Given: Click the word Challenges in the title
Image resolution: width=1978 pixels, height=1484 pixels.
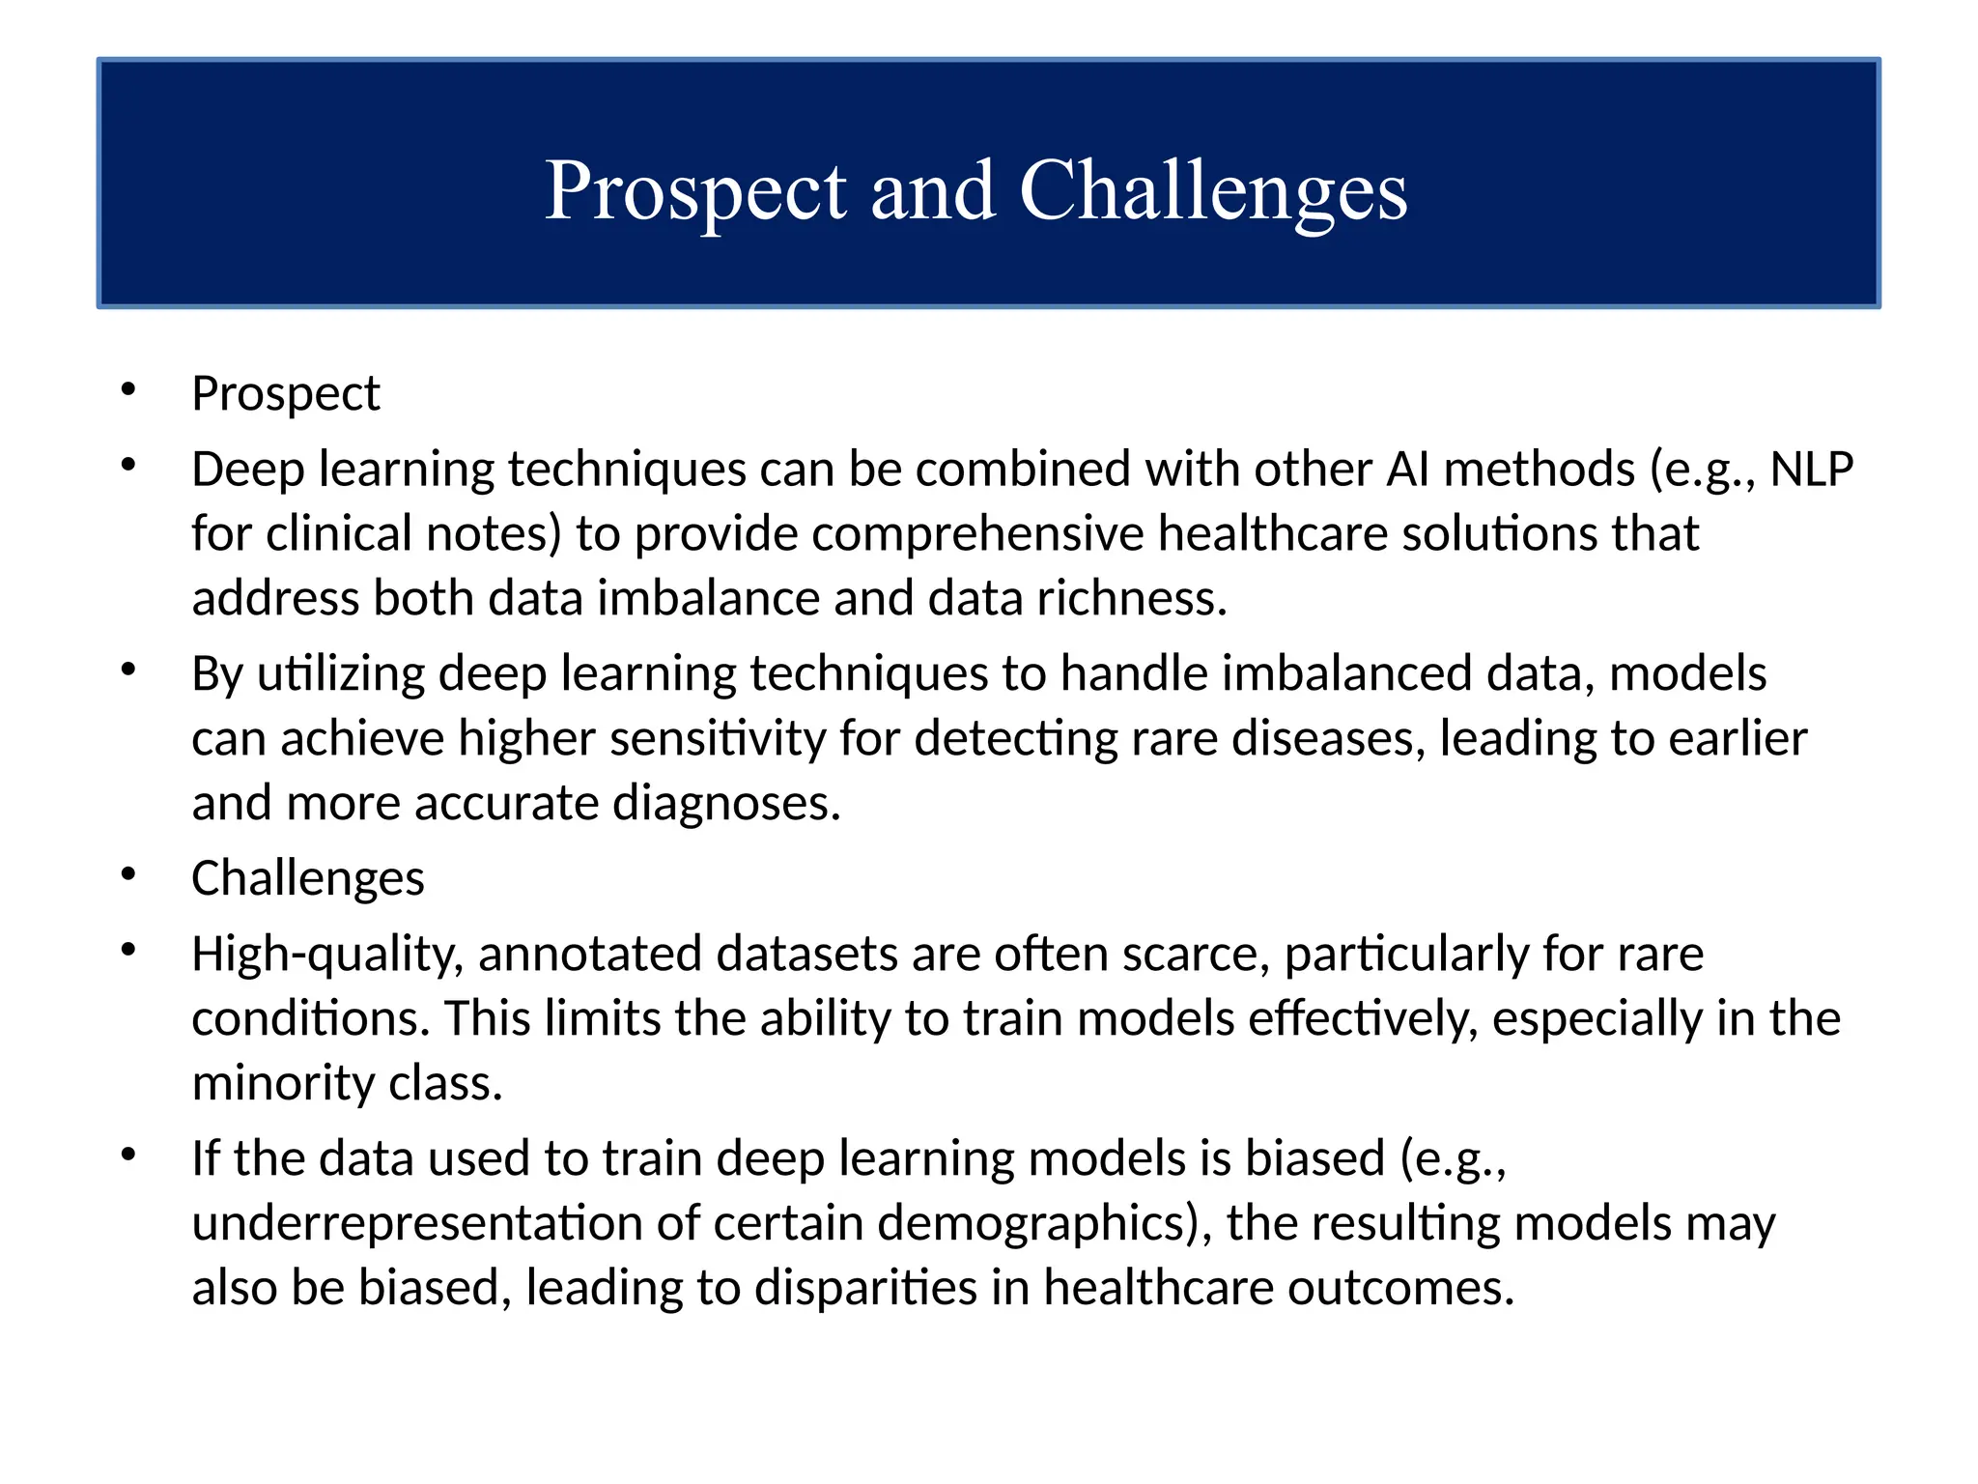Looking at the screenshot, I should (1213, 192).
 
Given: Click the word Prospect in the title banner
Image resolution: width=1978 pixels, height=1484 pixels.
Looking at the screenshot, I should (695, 192).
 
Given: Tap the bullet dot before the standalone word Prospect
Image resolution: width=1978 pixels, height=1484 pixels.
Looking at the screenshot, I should (128, 390).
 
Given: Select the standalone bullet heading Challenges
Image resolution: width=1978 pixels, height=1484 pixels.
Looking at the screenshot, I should (307, 878).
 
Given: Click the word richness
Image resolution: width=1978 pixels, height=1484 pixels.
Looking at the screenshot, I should (1131, 599).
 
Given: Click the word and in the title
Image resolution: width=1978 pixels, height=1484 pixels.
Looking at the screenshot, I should (932, 192).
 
